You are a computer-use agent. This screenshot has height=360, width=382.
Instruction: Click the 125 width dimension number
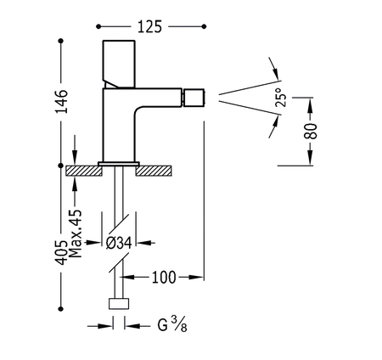pyautogui.click(x=149, y=26)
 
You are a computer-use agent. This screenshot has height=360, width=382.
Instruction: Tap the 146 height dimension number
pyautogui.click(x=61, y=102)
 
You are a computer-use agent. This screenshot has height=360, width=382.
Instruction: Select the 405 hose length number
pyautogui.click(x=61, y=253)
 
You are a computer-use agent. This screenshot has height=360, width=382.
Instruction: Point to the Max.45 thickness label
pyautogui.click(x=76, y=233)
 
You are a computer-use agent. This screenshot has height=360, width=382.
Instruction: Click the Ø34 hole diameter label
pyautogui.click(x=119, y=243)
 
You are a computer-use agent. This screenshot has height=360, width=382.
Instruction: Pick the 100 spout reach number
pyautogui.click(x=164, y=278)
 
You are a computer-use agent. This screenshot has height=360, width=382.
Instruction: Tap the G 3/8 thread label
pyautogui.click(x=172, y=324)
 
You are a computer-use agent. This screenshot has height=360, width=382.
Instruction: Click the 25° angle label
pyautogui.click(x=281, y=97)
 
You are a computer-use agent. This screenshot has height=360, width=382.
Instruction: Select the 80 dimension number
pyautogui.click(x=311, y=131)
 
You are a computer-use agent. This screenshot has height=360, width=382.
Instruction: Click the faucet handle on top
pyautogui.click(x=119, y=65)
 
